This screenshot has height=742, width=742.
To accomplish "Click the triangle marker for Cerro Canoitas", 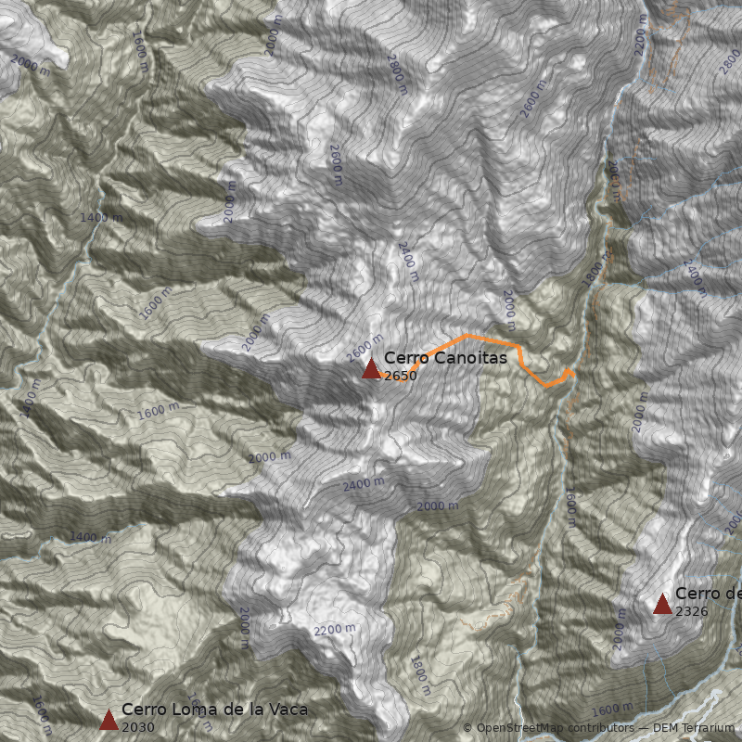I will (371, 369).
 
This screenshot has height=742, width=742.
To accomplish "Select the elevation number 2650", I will (401, 376).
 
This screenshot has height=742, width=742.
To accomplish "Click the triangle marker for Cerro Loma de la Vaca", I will (109, 720).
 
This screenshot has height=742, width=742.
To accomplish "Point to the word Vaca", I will (286, 710).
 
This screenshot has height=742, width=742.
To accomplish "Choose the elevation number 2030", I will (138, 727).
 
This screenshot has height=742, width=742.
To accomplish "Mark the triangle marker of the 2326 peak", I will (662, 605).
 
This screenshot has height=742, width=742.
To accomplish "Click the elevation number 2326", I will (692, 612).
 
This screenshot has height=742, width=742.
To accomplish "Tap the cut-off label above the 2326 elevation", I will (708, 594).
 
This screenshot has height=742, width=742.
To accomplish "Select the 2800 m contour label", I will (397, 74).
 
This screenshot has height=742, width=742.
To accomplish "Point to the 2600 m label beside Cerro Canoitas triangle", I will (365, 349).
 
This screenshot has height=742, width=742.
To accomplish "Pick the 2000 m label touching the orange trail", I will (508, 311).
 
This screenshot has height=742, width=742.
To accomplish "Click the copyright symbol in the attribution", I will (467, 728).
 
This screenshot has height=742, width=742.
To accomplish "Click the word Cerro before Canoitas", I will (404, 357).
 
